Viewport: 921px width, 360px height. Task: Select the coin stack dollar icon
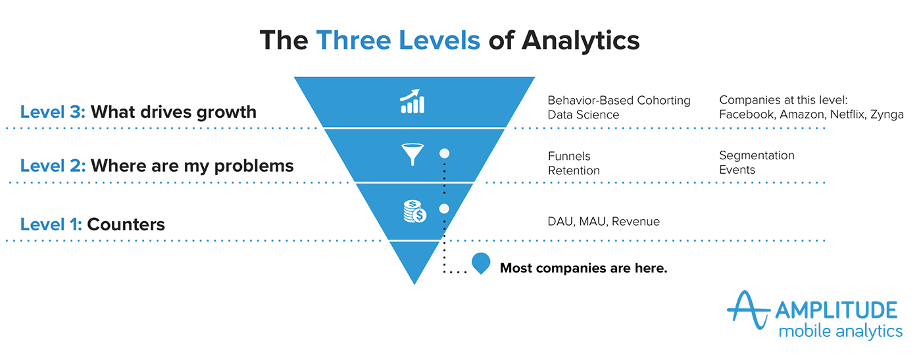coord(414,211)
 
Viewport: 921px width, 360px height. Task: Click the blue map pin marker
coord(481,264)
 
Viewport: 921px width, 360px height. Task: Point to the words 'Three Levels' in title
coord(398,40)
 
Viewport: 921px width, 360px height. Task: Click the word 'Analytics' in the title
coord(580,40)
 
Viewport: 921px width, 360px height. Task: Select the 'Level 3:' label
coord(53,112)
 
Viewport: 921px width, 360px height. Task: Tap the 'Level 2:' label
coord(53,165)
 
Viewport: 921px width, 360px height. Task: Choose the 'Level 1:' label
coord(51,224)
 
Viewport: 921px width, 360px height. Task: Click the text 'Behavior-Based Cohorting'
coord(619,101)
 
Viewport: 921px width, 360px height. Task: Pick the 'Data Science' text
coord(584,115)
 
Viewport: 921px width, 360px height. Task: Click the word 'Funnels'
coord(569,156)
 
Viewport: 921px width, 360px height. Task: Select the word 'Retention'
coord(574,170)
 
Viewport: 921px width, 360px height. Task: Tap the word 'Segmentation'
coord(757,155)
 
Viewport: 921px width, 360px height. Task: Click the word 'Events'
coord(737,170)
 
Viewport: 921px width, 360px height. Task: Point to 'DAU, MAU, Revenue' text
coord(603,222)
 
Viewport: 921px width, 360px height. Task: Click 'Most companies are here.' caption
coord(584,269)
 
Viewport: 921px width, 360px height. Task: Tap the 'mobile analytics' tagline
coord(840,330)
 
